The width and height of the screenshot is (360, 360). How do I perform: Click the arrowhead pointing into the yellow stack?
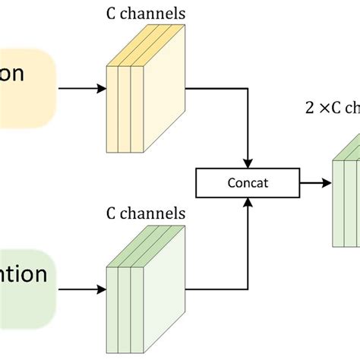pos(102,89)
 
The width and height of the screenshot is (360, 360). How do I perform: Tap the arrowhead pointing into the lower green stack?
pos(102,289)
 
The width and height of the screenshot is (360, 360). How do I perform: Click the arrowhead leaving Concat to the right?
pos(328,162)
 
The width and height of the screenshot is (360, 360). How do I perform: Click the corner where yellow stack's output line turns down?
pos(247,89)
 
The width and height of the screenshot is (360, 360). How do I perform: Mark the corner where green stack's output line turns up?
pos(247,289)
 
